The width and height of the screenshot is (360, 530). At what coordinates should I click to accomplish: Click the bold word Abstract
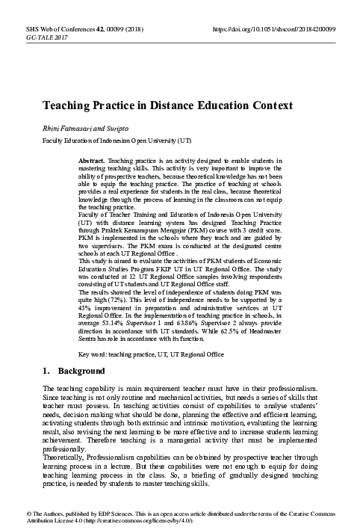pyautogui.click(x=92, y=161)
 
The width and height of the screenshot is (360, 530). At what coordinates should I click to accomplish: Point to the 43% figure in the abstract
pyautogui.click(x=85, y=312)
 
